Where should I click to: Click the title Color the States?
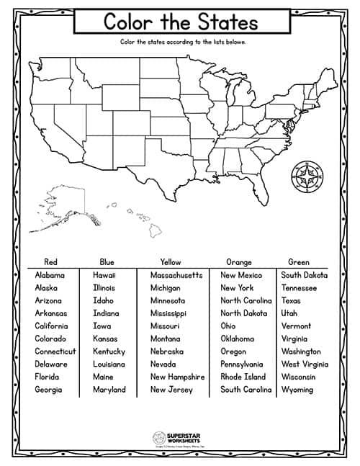(x=180, y=22)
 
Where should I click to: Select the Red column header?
(x=50, y=261)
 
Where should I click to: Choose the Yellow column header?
(x=171, y=261)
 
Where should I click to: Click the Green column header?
(x=299, y=261)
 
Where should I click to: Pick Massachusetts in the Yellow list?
(x=176, y=275)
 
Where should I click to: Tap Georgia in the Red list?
(x=50, y=390)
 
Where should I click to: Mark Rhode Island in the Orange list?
(x=243, y=377)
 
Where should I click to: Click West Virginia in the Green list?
(x=305, y=364)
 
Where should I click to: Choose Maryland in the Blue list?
(x=109, y=390)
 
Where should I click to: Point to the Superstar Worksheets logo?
(x=180, y=437)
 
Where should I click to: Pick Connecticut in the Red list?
(x=55, y=351)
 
